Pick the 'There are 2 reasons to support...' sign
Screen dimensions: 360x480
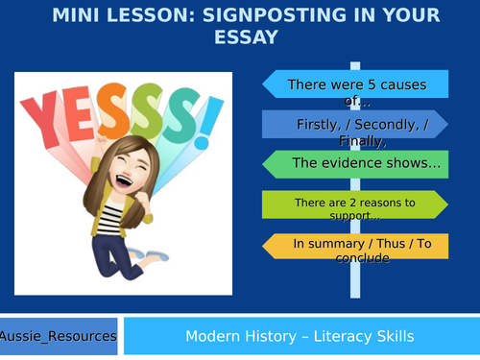click(354, 204)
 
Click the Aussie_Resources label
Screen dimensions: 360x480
click(59, 336)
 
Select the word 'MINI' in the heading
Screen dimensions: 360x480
click(75, 15)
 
